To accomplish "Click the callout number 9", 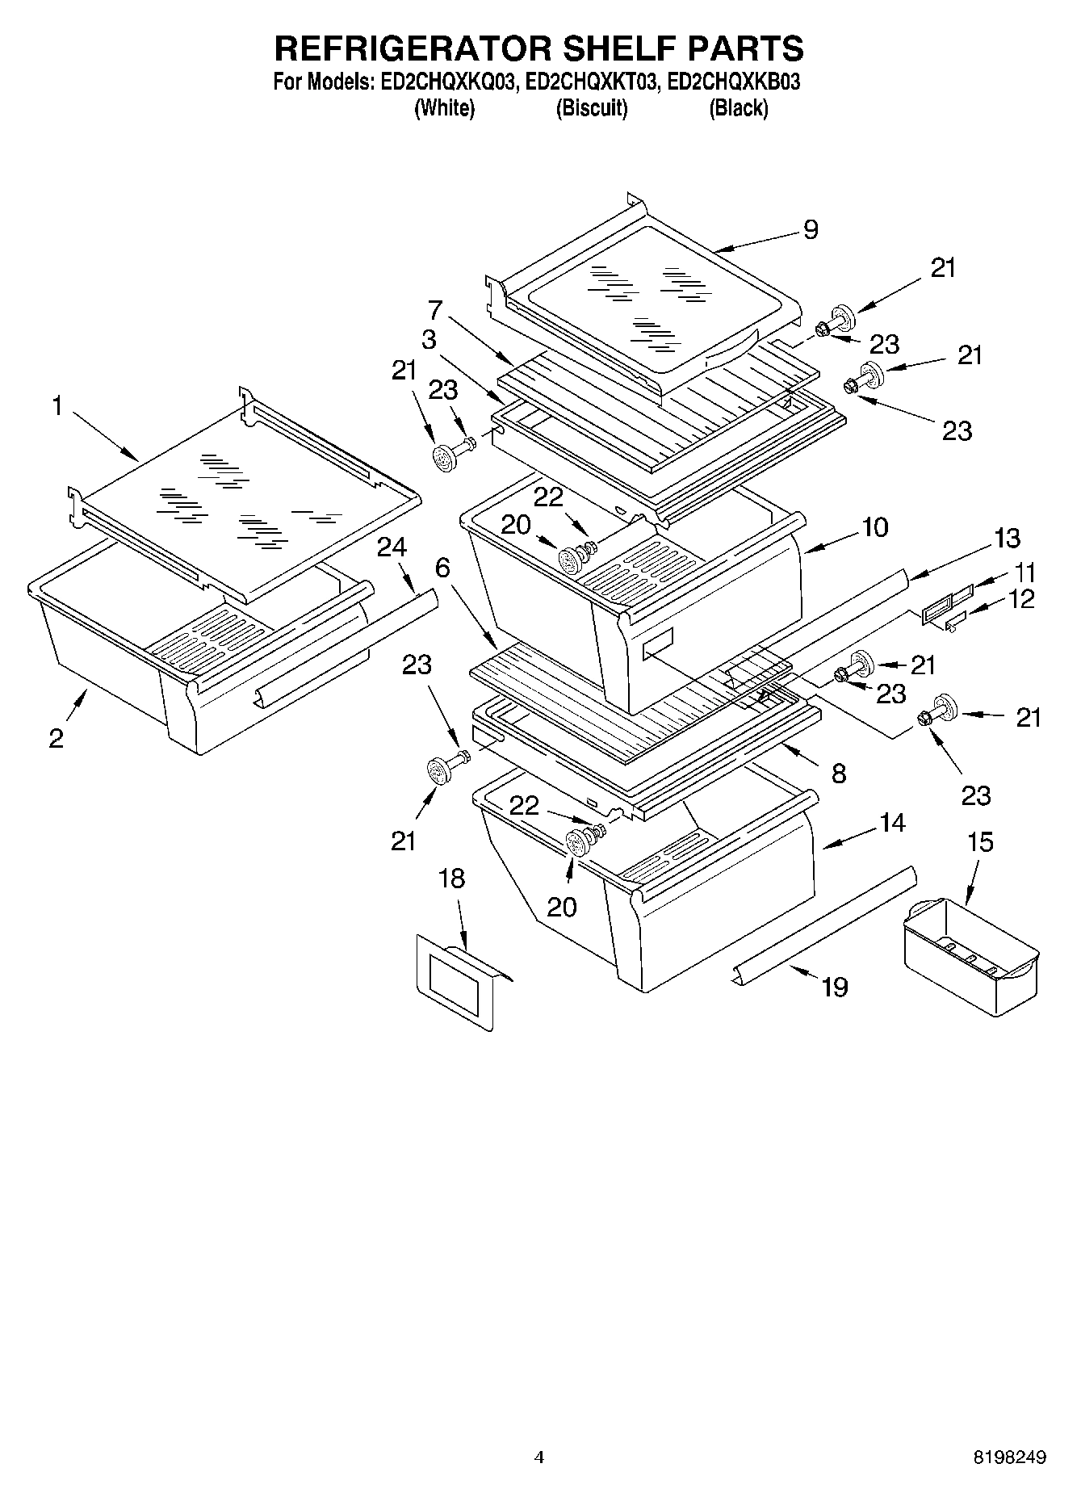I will click(811, 230).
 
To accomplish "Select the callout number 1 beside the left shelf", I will click(57, 406).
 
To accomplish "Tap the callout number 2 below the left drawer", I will click(56, 738).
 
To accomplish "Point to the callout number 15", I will click(979, 842).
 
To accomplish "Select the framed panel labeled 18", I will click(455, 981).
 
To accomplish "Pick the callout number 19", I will click(835, 987).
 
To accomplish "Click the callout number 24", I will click(391, 547).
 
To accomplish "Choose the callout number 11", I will click(1023, 573).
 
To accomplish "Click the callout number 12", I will click(1022, 600).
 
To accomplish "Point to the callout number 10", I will click(874, 527).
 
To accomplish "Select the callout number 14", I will click(892, 824).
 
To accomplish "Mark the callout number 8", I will click(839, 774).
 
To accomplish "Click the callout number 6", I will click(442, 568).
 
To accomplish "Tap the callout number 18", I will click(452, 879).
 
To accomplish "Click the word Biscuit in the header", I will click(591, 108).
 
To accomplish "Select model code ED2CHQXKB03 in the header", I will click(734, 82).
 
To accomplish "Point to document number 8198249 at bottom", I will click(1009, 1457).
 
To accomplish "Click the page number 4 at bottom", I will click(539, 1457).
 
